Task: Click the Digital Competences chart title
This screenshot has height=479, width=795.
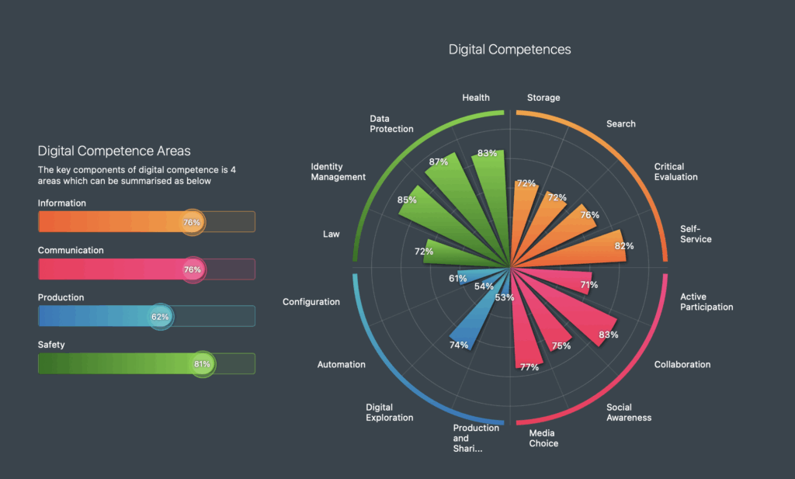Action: [x=509, y=50]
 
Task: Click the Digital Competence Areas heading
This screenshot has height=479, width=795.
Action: [x=114, y=151]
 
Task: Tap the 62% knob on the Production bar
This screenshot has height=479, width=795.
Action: [x=160, y=317]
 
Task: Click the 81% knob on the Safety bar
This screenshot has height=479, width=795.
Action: [x=202, y=364]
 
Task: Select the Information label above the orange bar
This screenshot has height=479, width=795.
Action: [x=62, y=203]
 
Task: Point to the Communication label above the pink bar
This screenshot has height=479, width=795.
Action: [x=71, y=251]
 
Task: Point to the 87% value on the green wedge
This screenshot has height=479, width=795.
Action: [x=439, y=163]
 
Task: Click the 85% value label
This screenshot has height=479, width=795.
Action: [x=407, y=200]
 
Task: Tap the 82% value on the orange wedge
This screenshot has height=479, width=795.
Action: [x=624, y=246]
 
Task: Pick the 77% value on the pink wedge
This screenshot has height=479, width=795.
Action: [x=529, y=367]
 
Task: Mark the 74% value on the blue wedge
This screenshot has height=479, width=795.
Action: [x=459, y=345]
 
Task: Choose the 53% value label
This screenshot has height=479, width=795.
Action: [x=505, y=298]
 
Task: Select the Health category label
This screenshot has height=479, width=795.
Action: [x=476, y=98]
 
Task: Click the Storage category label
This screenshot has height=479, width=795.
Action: [x=543, y=98]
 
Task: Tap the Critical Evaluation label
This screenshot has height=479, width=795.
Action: [x=675, y=172]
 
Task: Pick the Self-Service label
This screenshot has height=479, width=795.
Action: [x=696, y=234]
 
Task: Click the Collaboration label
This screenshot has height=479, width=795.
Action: [x=682, y=364]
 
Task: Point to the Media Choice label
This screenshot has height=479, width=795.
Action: [x=543, y=439]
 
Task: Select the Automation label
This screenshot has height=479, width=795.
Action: [x=342, y=364]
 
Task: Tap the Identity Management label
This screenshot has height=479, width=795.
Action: [x=338, y=172]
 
